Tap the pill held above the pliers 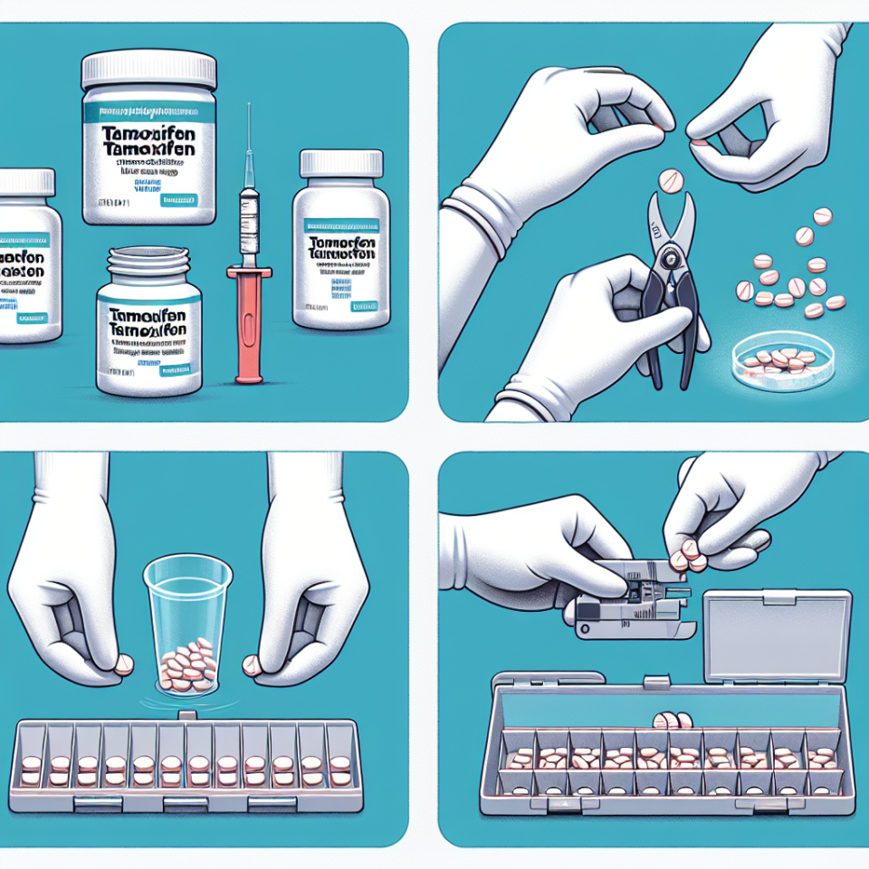(x=671, y=181)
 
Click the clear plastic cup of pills (x=188, y=625)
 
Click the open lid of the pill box (x=776, y=635)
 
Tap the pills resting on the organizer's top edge (x=670, y=721)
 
